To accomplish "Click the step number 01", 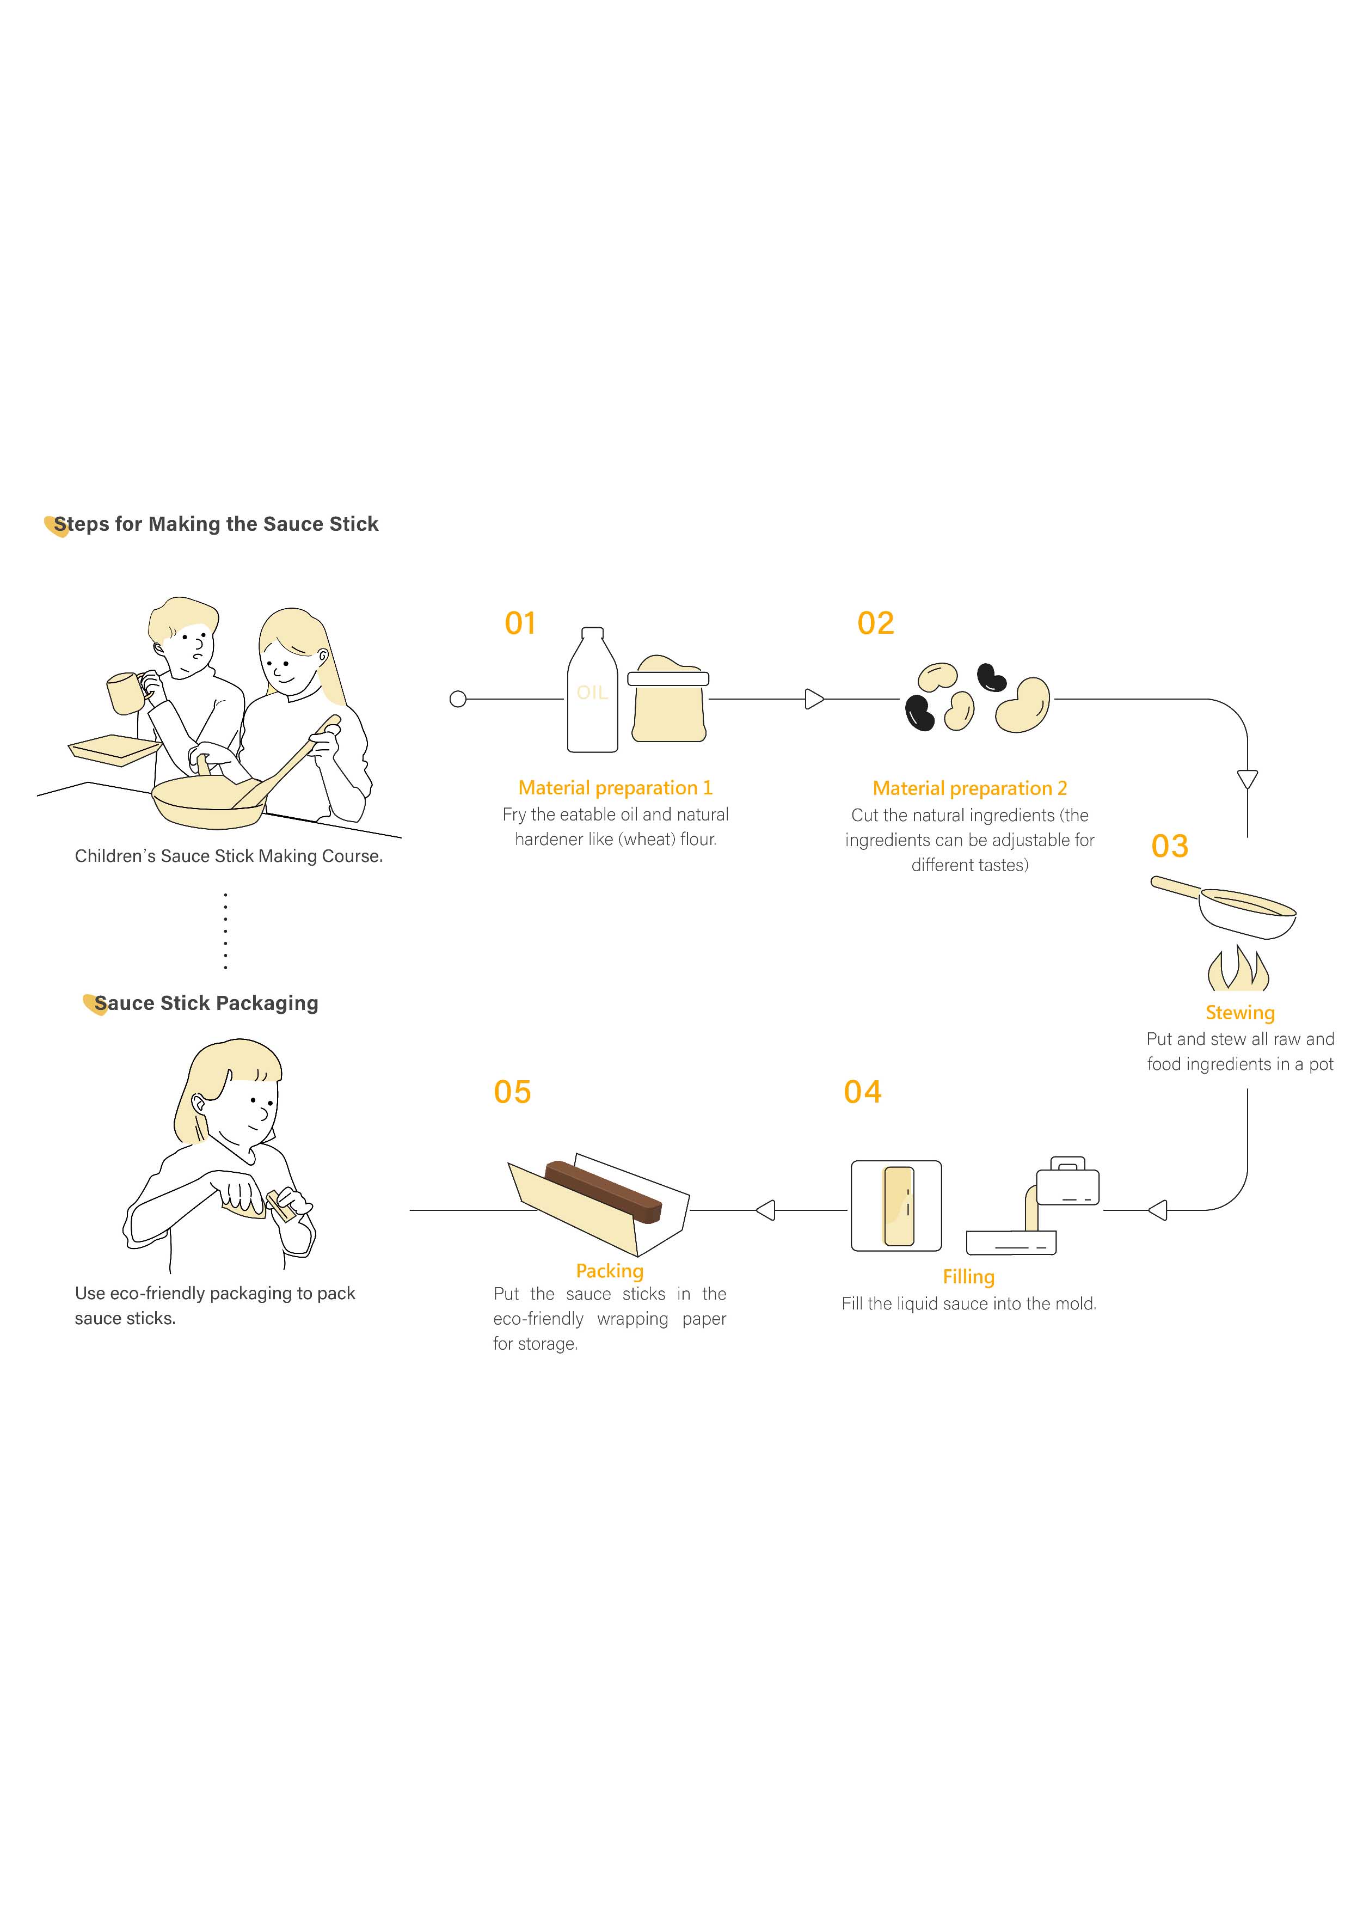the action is tap(520, 623).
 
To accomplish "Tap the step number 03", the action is tap(1170, 846).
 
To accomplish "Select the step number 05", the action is tap(512, 1092).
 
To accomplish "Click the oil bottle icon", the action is tap(592, 690).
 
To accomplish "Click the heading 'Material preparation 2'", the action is tap(970, 788).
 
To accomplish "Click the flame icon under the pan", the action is tap(1238, 968).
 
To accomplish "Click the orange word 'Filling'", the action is tap(968, 1277).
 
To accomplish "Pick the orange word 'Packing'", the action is tap(610, 1271).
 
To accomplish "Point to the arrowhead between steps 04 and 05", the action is tap(765, 1210).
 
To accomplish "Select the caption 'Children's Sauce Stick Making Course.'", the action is tap(229, 856).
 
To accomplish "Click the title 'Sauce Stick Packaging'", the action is tap(206, 1003).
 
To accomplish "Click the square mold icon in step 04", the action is tap(896, 1205).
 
